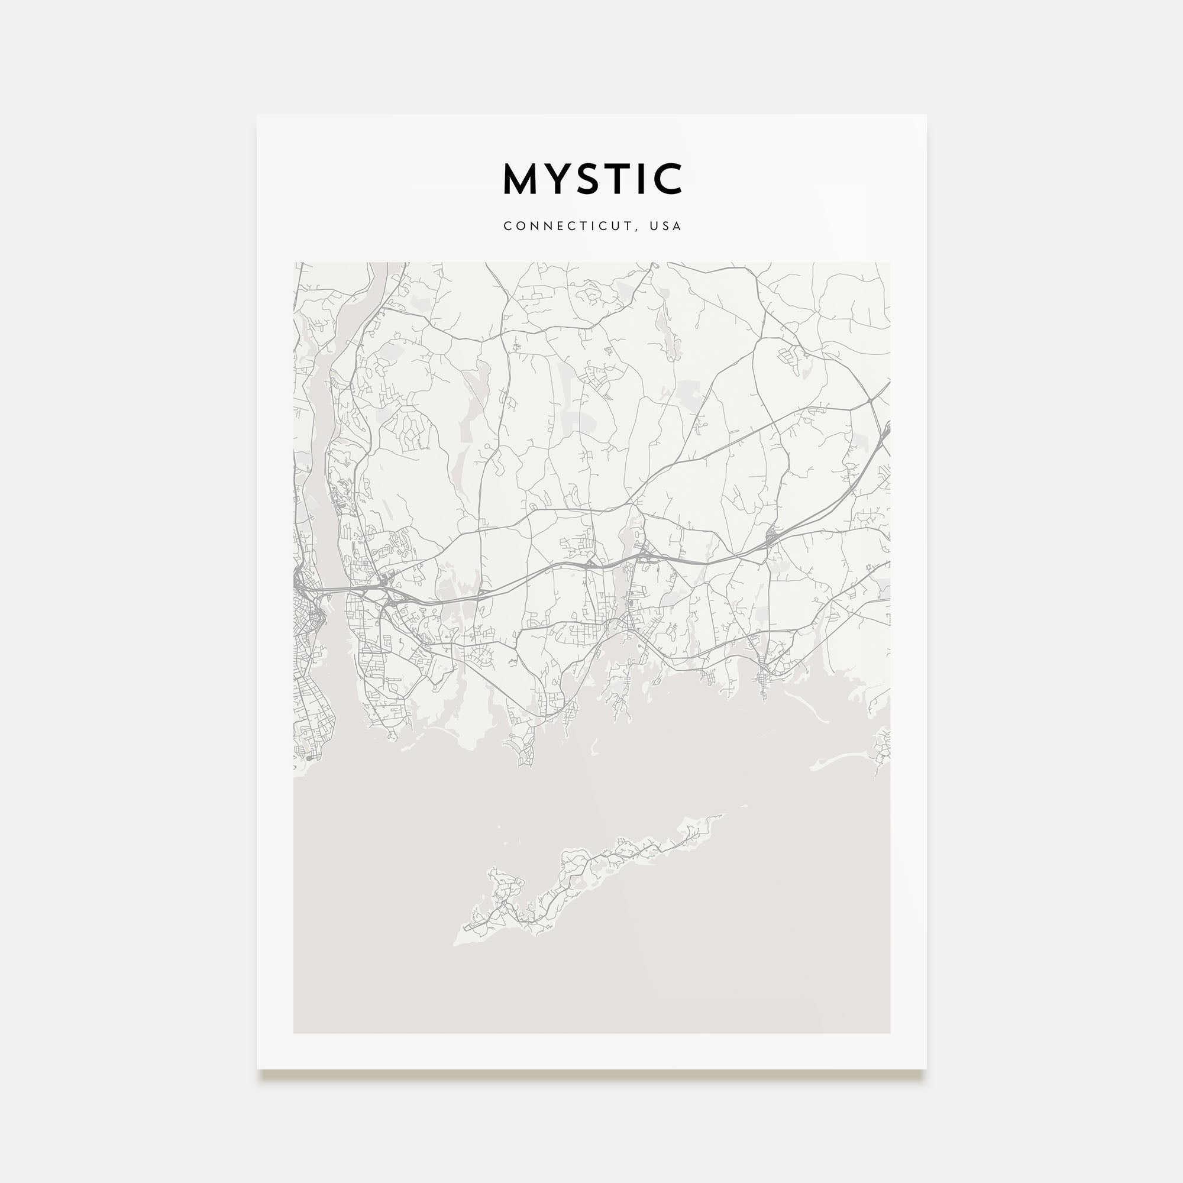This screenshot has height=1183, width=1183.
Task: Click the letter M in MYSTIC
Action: pos(521,179)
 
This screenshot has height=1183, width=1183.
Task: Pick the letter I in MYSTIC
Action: pos(647,179)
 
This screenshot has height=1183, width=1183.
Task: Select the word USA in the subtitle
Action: pos(665,226)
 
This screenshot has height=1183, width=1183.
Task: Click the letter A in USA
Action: pos(677,226)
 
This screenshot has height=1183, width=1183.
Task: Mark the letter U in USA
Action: pos(654,226)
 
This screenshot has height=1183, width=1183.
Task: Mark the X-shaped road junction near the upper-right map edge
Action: pos(870,401)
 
